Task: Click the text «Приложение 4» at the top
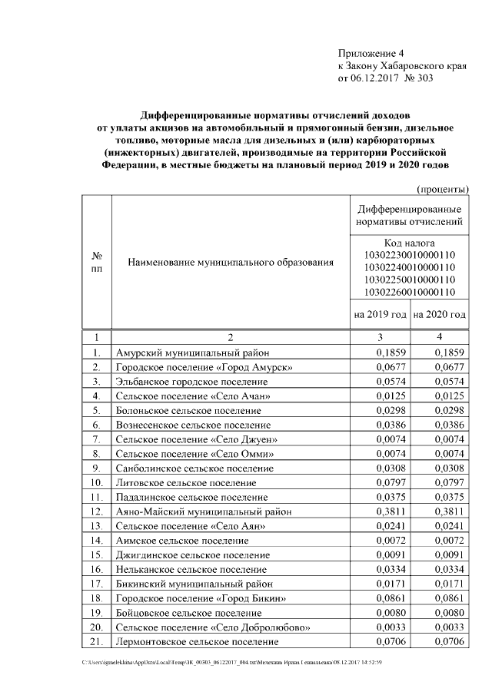[371, 53]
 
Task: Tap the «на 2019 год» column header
[380, 315]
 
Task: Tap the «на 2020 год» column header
[439, 315]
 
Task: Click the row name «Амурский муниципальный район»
[193, 353]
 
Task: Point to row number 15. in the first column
[96, 554]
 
